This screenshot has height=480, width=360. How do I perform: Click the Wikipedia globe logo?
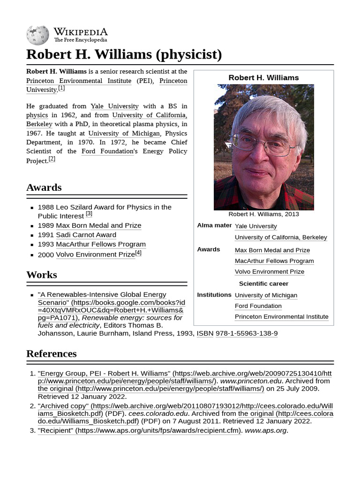coord(37,36)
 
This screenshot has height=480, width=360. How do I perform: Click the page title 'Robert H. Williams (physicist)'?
coord(124,54)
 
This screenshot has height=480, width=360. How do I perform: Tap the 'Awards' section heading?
coord(44,187)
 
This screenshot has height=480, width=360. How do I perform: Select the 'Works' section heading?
coord(42,275)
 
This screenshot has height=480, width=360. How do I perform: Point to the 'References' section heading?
coord(52,353)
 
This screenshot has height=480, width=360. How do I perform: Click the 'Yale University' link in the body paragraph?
coord(114,106)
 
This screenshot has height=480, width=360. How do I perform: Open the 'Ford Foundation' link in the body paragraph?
coord(107,151)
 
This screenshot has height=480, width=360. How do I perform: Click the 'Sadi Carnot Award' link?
coord(86,235)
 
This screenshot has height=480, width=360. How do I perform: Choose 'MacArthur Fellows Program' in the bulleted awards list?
coord(100,244)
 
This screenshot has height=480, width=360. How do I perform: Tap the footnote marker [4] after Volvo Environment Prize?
coord(138,253)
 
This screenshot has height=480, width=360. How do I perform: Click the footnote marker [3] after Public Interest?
coord(89,214)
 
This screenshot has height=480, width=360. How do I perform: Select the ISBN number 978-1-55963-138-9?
coord(246,333)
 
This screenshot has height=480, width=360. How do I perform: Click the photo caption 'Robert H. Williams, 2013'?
coord(263,214)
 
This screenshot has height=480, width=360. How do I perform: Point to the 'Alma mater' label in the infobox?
coord(214,225)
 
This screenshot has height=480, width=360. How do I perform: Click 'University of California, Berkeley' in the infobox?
coord(281,237)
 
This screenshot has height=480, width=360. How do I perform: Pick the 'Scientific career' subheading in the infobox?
coord(263,284)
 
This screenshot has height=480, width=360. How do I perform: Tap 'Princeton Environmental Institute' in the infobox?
coord(281,317)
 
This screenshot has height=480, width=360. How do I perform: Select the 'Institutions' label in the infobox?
coord(214,295)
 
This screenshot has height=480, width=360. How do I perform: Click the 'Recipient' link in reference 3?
coord(55,430)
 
